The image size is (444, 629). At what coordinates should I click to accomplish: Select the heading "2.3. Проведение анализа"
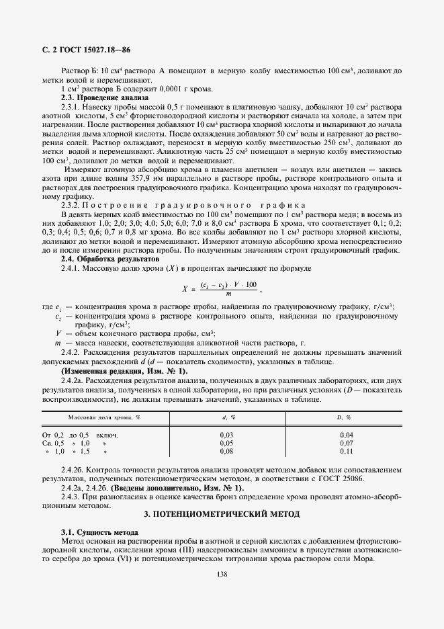click(x=103, y=97)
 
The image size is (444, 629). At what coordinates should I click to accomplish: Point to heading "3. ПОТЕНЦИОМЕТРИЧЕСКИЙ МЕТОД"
click(x=222, y=514)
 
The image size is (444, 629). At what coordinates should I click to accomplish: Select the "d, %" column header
click(x=228, y=418)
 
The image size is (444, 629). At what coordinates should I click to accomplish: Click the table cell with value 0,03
click(x=226, y=435)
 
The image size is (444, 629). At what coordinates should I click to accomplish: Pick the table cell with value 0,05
click(x=226, y=444)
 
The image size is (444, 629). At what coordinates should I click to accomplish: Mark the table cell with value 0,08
click(x=226, y=452)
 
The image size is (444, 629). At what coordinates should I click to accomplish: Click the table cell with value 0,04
click(x=347, y=435)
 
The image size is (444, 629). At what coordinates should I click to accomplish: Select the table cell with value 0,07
click(x=347, y=444)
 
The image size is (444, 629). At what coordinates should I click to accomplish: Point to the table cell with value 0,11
click(x=347, y=452)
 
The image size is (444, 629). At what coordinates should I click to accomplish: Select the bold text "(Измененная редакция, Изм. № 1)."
click(x=124, y=371)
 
